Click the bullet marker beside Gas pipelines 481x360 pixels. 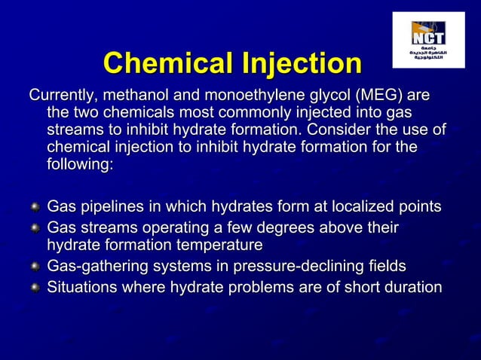(x=33, y=207)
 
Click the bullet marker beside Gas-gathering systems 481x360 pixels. (x=33, y=267)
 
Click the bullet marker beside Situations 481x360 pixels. (x=33, y=288)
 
